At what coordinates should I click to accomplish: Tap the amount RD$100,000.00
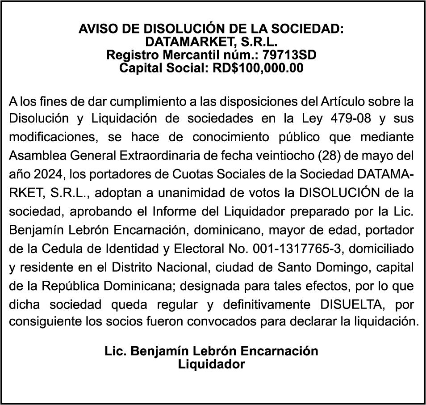coord(258,68)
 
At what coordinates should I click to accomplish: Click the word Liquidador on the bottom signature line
coord(211,364)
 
